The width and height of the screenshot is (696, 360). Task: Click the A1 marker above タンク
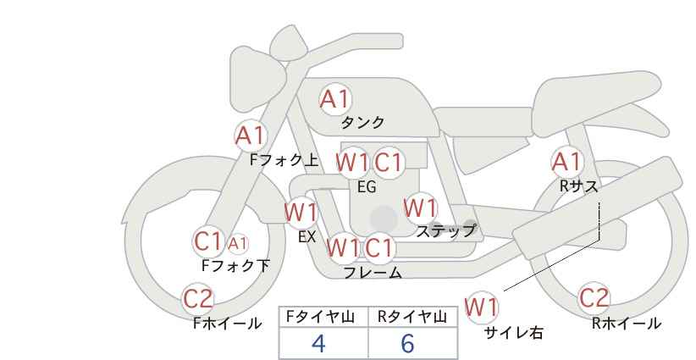point(334,99)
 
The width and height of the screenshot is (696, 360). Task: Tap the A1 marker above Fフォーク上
point(251,135)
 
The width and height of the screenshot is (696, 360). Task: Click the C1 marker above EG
point(389,162)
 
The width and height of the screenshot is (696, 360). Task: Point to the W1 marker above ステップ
point(420,208)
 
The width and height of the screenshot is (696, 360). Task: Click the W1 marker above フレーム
point(343,248)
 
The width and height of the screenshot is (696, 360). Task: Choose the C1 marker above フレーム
point(380,248)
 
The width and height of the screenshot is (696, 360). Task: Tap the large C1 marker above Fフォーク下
point(207,241)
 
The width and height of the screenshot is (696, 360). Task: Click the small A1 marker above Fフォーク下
point(238,244)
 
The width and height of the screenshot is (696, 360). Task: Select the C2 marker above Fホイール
point(198,298)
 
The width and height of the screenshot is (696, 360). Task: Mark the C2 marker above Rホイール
point(594,297)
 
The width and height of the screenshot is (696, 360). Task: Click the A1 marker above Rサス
point(566,161)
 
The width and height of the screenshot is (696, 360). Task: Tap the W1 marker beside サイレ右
point(482,307)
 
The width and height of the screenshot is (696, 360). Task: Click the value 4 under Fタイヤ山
point(318,344)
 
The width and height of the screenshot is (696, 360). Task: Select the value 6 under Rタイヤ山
point(407,344)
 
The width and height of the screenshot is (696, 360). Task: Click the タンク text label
point(362,123)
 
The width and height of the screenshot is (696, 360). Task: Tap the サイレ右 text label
point(513,333)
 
